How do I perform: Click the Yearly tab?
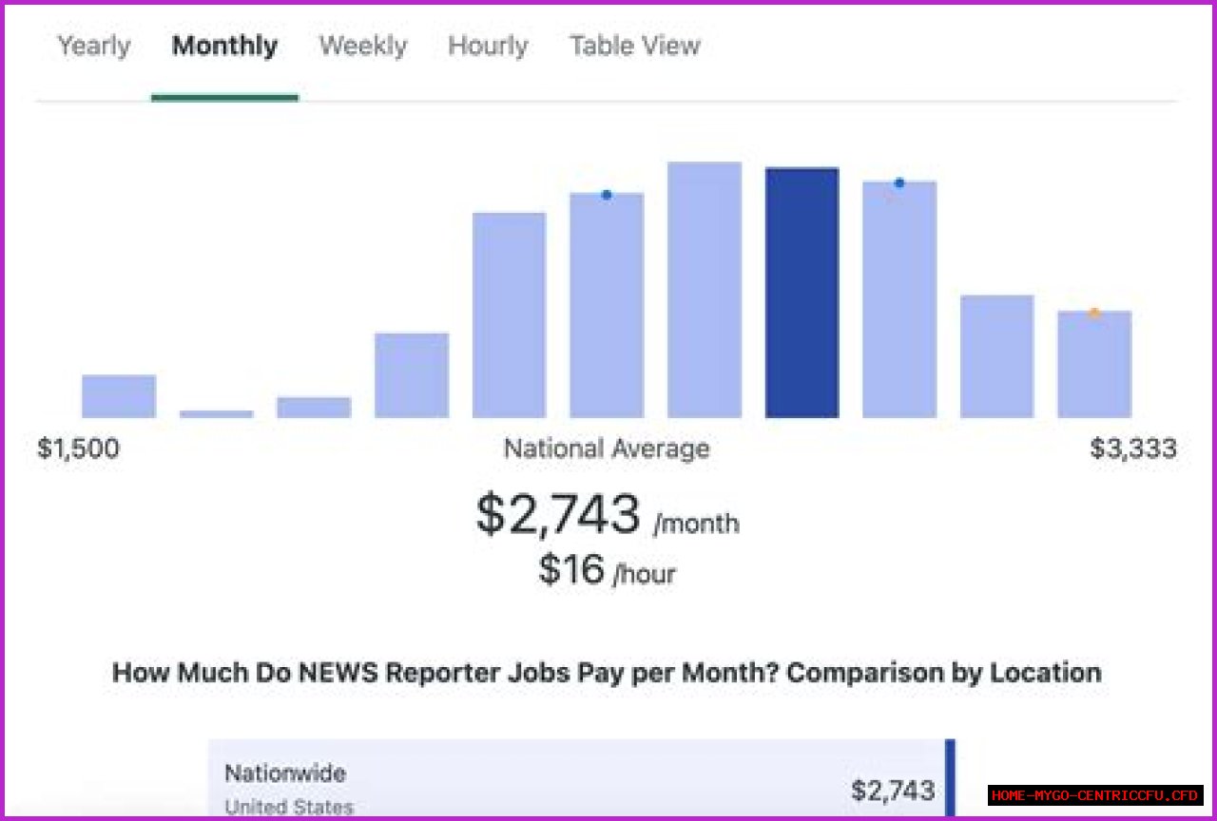tap(94, 46)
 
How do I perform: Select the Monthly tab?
tap(224, 46)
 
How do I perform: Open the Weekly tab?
tap(363, 46)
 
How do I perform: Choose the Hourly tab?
tap(488, 46)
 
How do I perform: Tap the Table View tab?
tap(635, 46)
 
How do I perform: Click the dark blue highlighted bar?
tap(802, 293)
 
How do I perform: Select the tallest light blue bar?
tap(705, 290)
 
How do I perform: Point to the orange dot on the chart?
tap(1094, 313)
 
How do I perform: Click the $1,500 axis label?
tap(78, 449)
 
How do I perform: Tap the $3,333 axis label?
tap(1133, 449)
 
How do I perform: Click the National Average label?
tap(607, 449)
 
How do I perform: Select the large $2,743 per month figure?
tap(559, 515)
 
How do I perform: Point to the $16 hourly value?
tap(571, 569)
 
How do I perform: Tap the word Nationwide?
tap(285, 773)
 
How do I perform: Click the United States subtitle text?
tap(289, 808)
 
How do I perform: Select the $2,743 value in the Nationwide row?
tap(893, 790)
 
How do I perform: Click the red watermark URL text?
tap(1095, 795)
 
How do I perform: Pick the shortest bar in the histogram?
tap(217, 413)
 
